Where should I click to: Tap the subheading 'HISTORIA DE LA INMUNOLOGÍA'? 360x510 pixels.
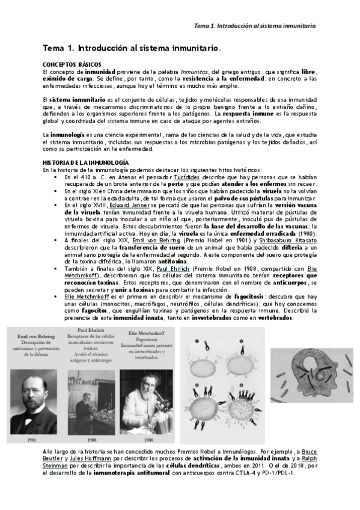(x=85, y=163)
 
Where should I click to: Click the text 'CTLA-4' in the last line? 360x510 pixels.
(x=255, y=474)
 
